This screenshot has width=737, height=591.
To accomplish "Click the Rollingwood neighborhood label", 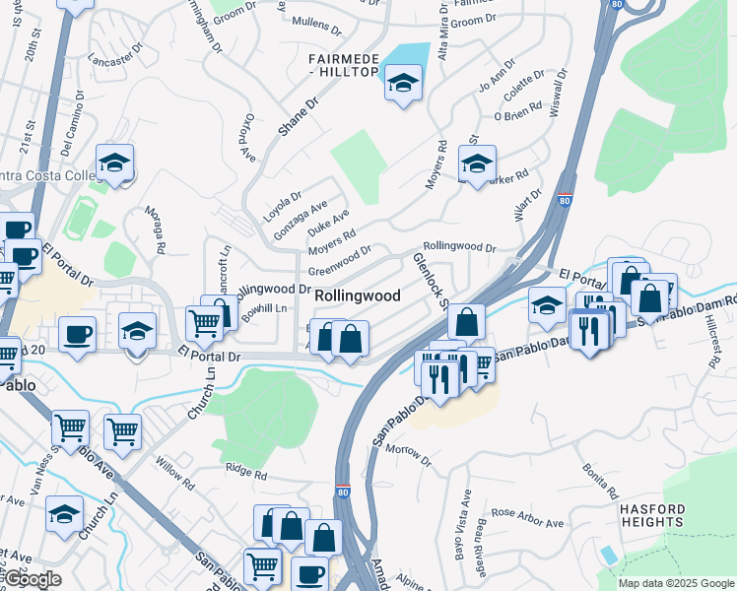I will pyautogui.click(x=357, y=295).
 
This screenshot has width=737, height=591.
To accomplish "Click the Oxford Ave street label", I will pyautogui.click(x=248, y=136).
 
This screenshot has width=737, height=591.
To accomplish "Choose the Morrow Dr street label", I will pyautogui.click(x=408, y=454).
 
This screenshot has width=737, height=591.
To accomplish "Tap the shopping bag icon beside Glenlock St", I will pyautogui.click(x=466, y=321).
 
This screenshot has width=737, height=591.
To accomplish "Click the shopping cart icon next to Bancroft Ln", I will pyautogui.click(x=203, y=321).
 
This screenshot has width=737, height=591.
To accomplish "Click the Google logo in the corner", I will pyautogui.click(x=33, y=579).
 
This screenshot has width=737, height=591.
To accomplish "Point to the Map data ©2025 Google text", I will pyautogui.click(x=676, y=583).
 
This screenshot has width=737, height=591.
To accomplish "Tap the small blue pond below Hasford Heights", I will pyautogui.click(x=610, y=554).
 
